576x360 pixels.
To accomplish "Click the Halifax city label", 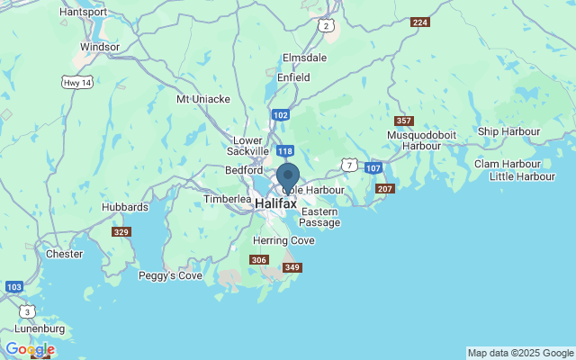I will coord(275,204).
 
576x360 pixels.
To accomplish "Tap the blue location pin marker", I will coord(288,176).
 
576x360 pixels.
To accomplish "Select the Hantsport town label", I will coord(82,13).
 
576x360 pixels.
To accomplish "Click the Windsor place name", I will coord(100,47).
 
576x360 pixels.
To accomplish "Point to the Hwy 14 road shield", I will coord(76,82).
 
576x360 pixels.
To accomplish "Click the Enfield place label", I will coord(292,77).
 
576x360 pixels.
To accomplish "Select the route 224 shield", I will coord(419,22).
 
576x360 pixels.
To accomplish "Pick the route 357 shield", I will coord(404,121).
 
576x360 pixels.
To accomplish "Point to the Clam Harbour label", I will coord(508,164).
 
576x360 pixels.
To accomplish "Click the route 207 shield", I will coord(385,188).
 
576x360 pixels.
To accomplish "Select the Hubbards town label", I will coord(125,207).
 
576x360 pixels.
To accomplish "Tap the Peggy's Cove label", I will coord(170,275).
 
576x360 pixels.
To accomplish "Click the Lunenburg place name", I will coord(40,329).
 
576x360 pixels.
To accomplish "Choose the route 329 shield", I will coord(121,232).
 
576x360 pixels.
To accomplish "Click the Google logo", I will coord(30,349).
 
